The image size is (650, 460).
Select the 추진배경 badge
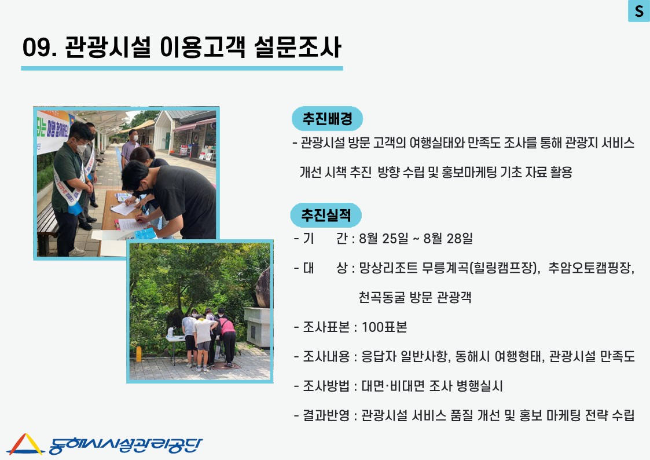[x=327, y=119]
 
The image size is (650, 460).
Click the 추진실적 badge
[x=326, y=215]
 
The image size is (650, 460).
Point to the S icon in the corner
[x=639, y=10]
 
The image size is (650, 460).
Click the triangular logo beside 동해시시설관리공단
[x=25, y=444]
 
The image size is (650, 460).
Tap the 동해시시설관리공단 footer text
[x=125, y=446]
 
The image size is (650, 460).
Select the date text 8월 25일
[x=383, y=239]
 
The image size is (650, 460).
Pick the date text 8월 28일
[x=447, y=239]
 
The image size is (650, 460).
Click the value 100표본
[x=384, y=327]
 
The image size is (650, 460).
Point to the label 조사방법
[x=326, y=386]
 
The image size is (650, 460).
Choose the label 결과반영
[x=326, y=415]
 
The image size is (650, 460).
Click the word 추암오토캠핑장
[x=590, y=268]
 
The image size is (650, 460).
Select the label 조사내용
[x=326, y=356]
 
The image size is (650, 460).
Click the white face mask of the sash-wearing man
[x=81, y=148]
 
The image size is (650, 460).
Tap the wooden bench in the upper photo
[x=47, y=228]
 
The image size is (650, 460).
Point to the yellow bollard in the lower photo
[x=138, y=354]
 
